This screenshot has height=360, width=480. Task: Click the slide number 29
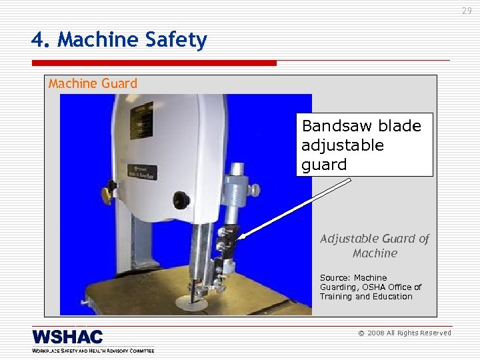pos(467,11)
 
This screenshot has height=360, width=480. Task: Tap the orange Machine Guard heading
pos(93,83)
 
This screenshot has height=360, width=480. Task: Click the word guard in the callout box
pos(324,164)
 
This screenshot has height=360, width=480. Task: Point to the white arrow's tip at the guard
pos(239,237)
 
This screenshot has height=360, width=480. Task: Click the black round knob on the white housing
pos(181,199)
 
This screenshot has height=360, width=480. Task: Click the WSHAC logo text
pos(67,337)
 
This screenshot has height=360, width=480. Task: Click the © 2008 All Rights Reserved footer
pos(405,333)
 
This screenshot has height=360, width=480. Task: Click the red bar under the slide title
pos(153,63)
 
